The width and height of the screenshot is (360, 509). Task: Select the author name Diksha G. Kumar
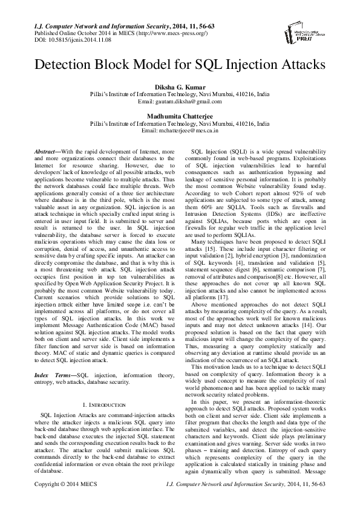[180, 88]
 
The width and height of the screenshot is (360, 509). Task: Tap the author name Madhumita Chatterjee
[180, 116]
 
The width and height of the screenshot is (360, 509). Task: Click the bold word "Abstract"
[44, 149]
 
